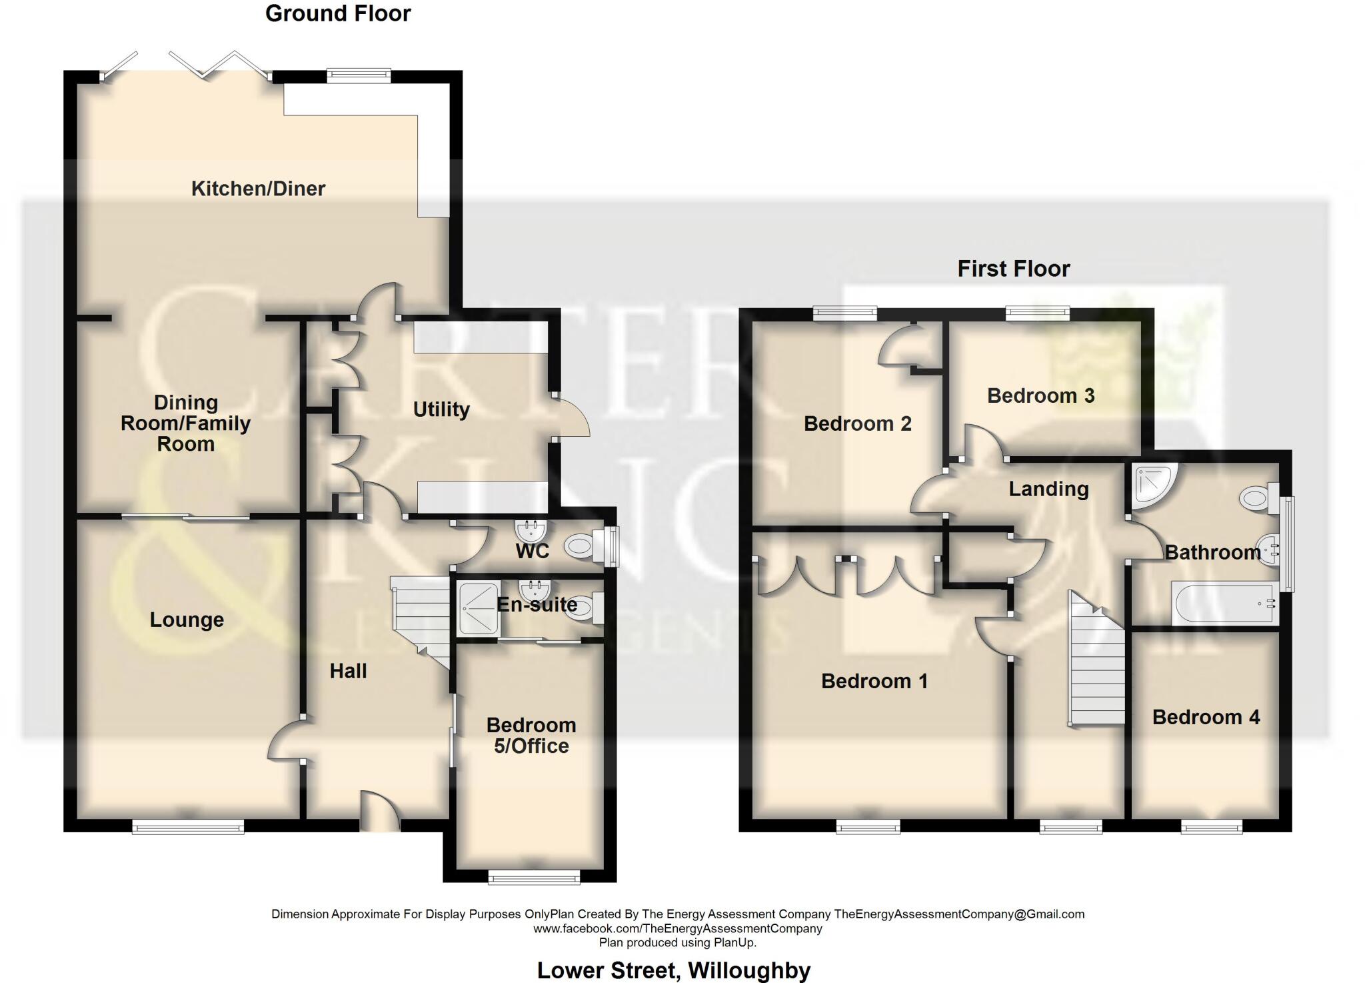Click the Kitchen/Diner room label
point(258,189)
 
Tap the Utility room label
point(441,409)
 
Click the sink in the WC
point(531,531)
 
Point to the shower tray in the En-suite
point(478,608)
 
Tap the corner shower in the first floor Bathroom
point(1152,484)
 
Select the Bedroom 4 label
point(1206,717)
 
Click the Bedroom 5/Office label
point(531,736)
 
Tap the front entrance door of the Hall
point(380,811)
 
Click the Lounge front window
point(188,828)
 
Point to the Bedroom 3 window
point(1038,312)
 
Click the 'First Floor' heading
point(1013,269)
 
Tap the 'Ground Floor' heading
point(338,13)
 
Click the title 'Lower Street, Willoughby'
point(674,970)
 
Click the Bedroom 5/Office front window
point(534,877)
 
